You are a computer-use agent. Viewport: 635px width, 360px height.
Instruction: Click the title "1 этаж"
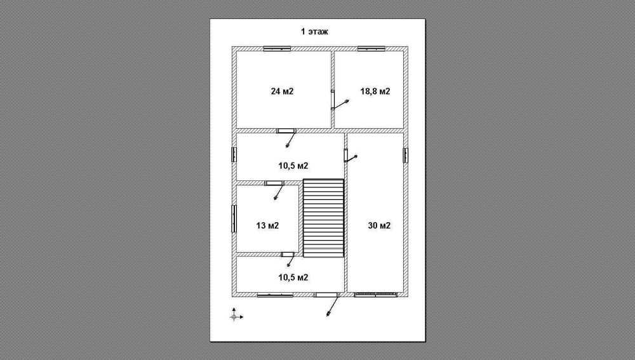314,32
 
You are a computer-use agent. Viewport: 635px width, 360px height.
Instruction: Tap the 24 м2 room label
283,91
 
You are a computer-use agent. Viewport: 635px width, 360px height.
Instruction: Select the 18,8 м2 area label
375,91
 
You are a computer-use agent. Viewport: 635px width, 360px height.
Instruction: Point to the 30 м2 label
380,225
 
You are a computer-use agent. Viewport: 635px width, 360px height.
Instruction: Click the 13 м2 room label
268,225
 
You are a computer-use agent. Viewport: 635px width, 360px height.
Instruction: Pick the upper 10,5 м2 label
293,166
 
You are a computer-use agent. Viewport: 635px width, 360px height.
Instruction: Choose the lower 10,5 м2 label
293,277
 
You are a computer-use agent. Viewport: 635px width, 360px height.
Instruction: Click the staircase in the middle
324,218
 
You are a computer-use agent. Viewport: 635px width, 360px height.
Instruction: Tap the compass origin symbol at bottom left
234,317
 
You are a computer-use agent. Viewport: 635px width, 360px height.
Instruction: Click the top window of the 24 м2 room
277,49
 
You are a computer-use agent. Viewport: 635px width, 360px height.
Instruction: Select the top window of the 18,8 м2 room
371,49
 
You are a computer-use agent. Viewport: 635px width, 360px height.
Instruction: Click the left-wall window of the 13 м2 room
234,218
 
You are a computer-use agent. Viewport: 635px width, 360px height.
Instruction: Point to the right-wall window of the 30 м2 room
406,156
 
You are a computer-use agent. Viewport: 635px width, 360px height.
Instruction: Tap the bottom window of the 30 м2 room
375,295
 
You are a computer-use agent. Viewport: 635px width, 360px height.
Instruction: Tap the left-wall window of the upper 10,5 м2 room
234,155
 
